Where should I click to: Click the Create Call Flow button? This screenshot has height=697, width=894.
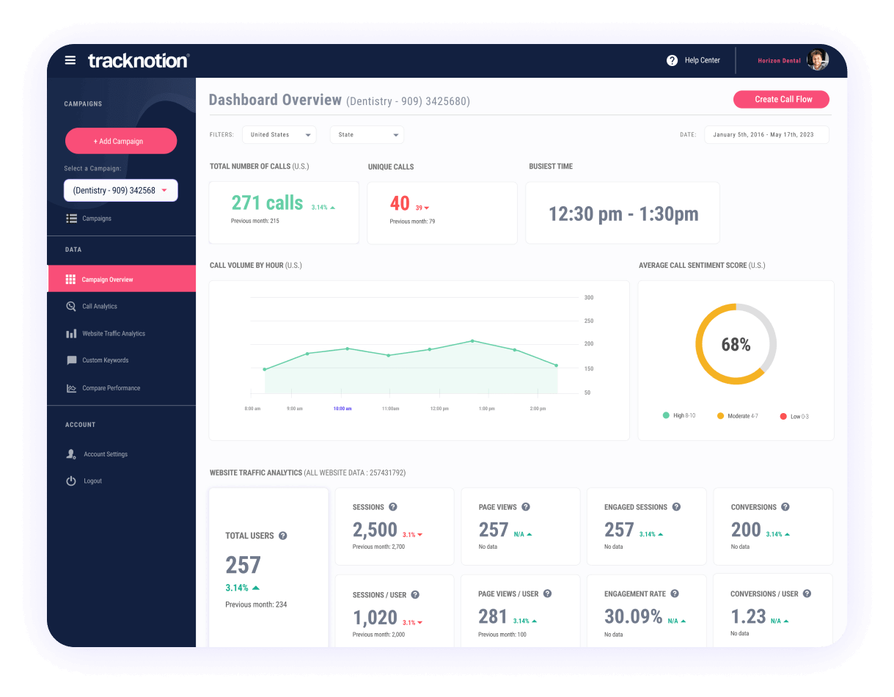pos(782,99)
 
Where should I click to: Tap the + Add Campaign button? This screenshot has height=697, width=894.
pos(121,141)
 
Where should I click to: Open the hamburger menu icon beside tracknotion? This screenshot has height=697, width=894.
pos(70,60)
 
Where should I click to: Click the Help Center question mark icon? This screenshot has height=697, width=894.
pos(672,60)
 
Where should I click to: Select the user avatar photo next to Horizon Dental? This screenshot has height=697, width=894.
pos(817,60)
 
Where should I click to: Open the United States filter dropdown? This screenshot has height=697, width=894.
pos(279,135)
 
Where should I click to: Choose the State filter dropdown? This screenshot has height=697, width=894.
pos(367,135)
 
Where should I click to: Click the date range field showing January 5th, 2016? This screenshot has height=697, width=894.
pos(766,135)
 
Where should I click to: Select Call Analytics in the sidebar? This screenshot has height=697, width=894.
pos(99,307)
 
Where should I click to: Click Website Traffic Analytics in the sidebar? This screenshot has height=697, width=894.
pos(113,334)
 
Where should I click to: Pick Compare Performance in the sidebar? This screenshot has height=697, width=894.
pos(111,388)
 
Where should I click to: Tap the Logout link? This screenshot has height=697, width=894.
pos(92,481)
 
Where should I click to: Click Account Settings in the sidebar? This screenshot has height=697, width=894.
pos(105,454)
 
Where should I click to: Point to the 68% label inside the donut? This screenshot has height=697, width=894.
pos(736,345)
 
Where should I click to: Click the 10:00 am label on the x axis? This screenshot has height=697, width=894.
pos(342,408)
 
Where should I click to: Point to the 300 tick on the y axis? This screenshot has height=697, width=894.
pos(588,298)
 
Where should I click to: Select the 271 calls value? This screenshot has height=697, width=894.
pos(267,203)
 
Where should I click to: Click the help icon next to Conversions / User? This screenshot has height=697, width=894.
pos(807,594)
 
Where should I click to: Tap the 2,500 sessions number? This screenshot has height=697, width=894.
pos(375,530)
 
